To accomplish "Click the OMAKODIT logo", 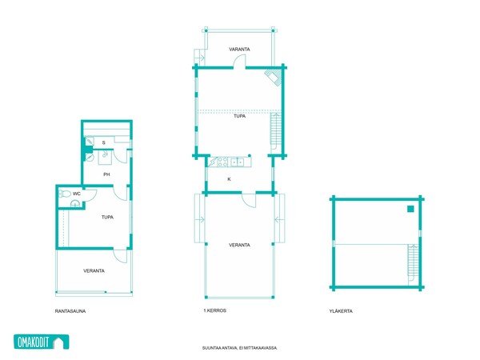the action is click(42, 342).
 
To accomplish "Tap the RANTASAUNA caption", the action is click(70, 311).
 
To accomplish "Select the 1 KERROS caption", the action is click(215, 310).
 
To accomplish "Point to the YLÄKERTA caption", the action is click(341, 311).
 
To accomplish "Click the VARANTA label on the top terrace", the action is click(239, 49).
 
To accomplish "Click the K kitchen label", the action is click(229, 179).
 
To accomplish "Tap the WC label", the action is click(77, 194).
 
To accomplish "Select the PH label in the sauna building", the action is click(106, 174).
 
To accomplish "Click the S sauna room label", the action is click(104, 142).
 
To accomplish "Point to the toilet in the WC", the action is click(65, 194).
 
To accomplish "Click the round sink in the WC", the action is click(75, 203).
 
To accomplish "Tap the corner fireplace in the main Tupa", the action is click(274, 76).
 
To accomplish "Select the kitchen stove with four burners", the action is click(222, 162).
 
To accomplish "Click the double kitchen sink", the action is click(237, 162).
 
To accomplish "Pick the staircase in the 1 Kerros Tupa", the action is click(276, 133).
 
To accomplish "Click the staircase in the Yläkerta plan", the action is click(413, 262).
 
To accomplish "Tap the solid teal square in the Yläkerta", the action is click(410, 209).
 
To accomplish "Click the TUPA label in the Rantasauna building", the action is click(107, 217).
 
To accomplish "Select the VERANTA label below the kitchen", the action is click(239, 245).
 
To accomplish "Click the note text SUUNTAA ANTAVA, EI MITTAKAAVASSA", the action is click(240, 348).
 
